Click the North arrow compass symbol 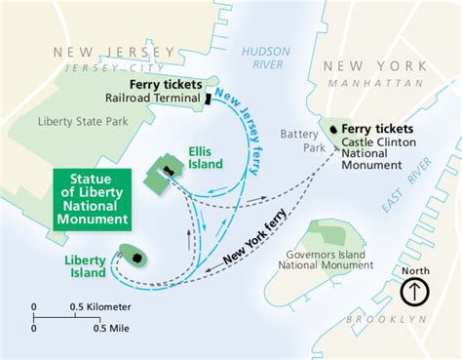(x=414, y=290)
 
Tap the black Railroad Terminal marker (x=207, y=99)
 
